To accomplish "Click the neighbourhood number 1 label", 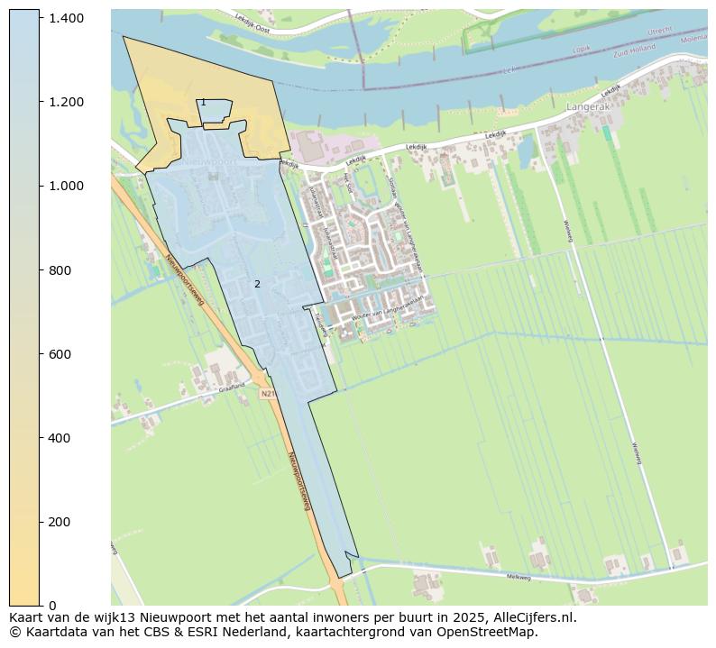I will coord(203,103).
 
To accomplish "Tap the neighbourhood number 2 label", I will coord(257,284).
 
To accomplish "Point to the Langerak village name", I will coord(589,106).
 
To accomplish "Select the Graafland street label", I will coord(232,387).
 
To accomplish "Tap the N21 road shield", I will coord(267,394).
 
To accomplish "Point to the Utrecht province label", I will coord(660,30).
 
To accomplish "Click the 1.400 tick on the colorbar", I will coord(68,18).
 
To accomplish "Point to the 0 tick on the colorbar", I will coord(53,606).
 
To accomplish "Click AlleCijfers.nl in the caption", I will coord(529,618).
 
